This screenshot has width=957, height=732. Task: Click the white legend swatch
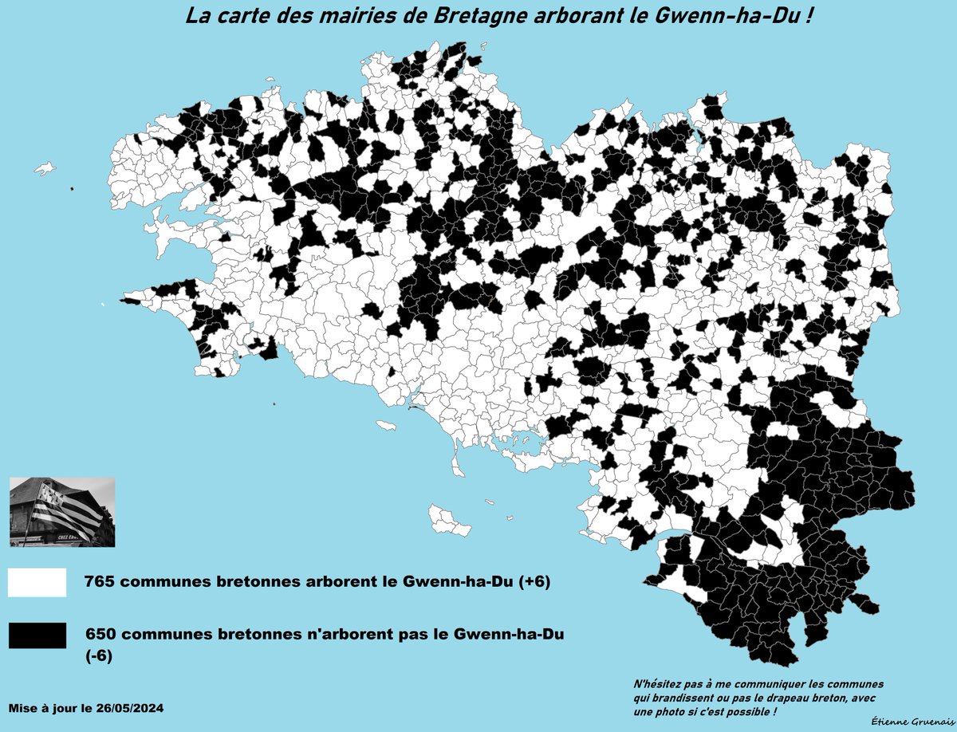pyautogui.click(x=37, y=583)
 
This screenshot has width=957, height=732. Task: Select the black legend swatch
pyautogui.click(x=37, y=636)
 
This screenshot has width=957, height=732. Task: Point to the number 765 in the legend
pyautogui.click(x=101, y=583)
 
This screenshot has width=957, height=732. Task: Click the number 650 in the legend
pyautogui.click(x=101, y=635)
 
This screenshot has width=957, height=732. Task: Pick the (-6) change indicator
pyautogui.click(x=100, y=657)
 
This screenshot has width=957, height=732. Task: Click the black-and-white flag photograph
pyautogui.click(x=62, y=512)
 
